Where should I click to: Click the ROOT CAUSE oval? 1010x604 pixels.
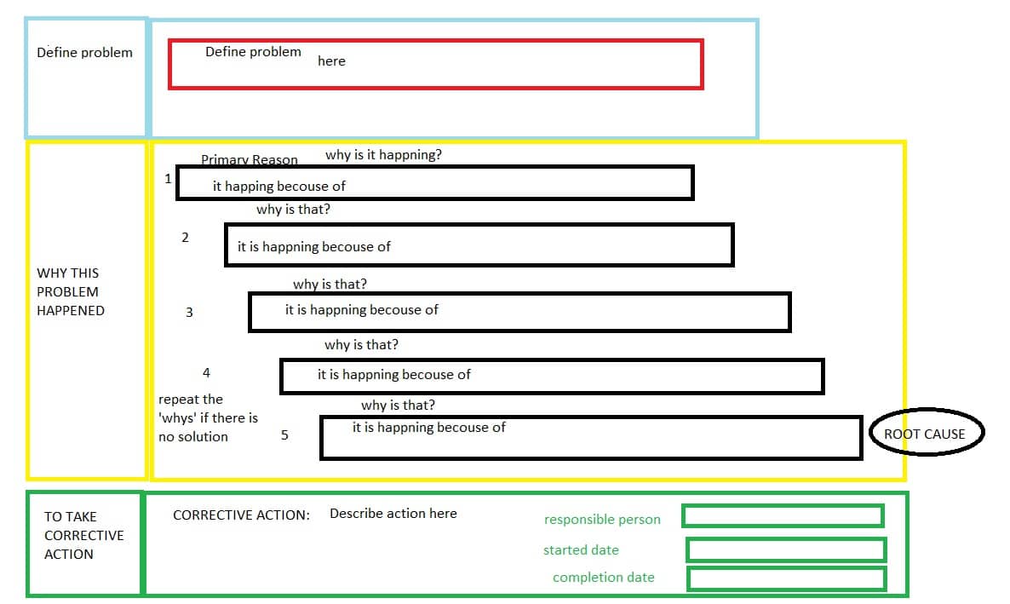(x=925, y=434)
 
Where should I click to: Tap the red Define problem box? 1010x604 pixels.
(x=435, y=64)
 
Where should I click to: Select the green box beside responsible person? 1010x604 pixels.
(x=783, y=515)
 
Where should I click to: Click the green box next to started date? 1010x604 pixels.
(x=786, y=549)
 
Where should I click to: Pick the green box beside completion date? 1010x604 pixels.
(x=786, y=578)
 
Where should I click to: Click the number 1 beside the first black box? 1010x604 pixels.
(x=168, y=179)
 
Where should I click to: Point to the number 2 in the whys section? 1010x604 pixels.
(x=185, y=238)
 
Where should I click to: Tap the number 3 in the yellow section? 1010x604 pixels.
(x=189, y=313)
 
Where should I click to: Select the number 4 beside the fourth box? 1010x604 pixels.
(x=206, y=373)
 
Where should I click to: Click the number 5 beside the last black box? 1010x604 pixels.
(x=284, y=435)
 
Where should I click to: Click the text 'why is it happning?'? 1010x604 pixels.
(x=383, y=155)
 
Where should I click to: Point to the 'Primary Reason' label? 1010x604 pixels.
(x=250, y=160)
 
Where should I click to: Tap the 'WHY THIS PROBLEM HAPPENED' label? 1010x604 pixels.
(x=71, y=292)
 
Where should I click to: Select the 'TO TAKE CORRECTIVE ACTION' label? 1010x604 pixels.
(x=83, y=535)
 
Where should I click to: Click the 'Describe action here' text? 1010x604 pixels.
(x=393, y=514)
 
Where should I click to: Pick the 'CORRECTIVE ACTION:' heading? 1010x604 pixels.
(x=241, y=515)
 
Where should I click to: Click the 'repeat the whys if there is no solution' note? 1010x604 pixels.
(x=207, y=417)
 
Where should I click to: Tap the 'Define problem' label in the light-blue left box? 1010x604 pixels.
(x=84, y=53)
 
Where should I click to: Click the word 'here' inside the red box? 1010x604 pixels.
(x=331, y=61)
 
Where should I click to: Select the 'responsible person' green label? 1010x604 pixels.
(x=602, y=520)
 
